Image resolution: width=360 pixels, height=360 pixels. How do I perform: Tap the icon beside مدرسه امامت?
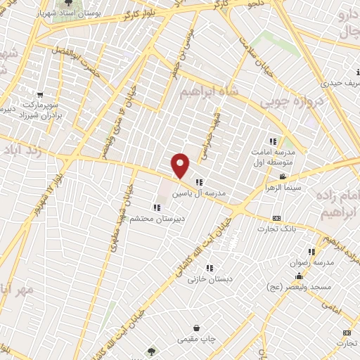coord(273,141)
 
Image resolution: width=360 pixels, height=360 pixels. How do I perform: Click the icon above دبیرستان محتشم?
coord(156,207)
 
